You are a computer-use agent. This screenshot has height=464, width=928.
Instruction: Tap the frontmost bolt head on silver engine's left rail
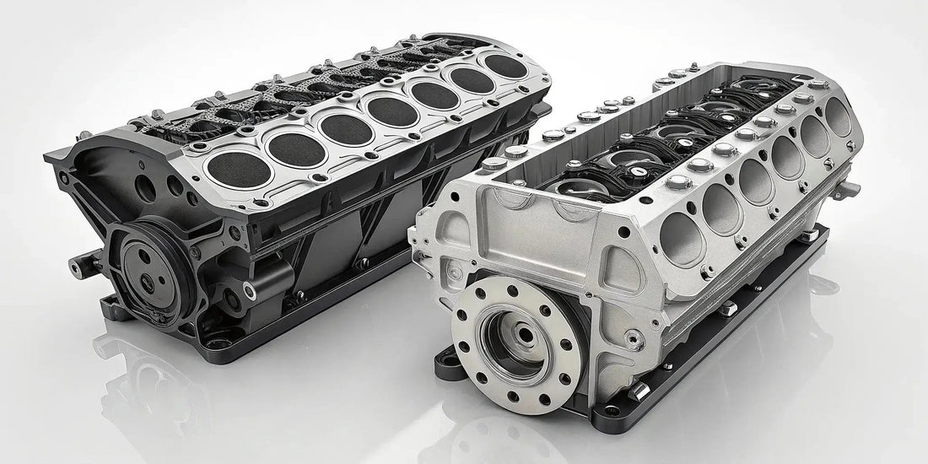click(x=515, y=153)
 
